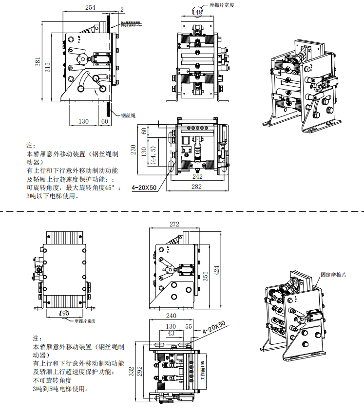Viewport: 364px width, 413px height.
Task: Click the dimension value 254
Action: point(90,7)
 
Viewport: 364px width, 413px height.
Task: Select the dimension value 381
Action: point(38,62)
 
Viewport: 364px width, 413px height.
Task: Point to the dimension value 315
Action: point(48,67)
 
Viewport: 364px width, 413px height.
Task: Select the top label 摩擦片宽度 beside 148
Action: point(222,4)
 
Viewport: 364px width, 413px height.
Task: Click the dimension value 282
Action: point(197,187)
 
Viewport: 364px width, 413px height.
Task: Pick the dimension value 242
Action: point(198,176)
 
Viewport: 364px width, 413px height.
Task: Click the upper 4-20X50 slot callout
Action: point(145,187)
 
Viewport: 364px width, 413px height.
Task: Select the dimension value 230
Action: point(134,150)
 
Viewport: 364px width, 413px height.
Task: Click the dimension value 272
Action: point(174,224)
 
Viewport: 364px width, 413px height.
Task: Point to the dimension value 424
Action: point(217,269)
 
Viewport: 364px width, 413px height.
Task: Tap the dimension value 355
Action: point(206,276)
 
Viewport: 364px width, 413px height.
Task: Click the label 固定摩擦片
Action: point(334,275)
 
